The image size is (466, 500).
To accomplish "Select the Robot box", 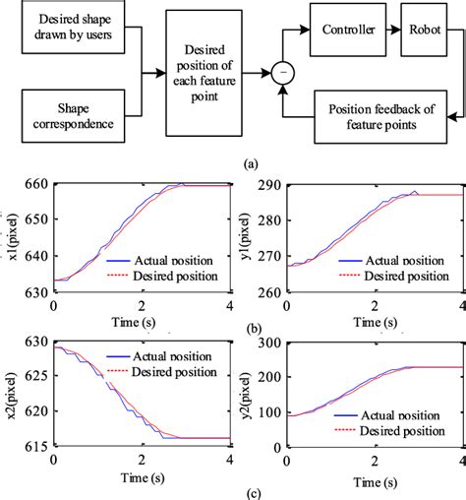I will tap(424, 31).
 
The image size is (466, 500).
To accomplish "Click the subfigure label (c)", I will tap(246, 489).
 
